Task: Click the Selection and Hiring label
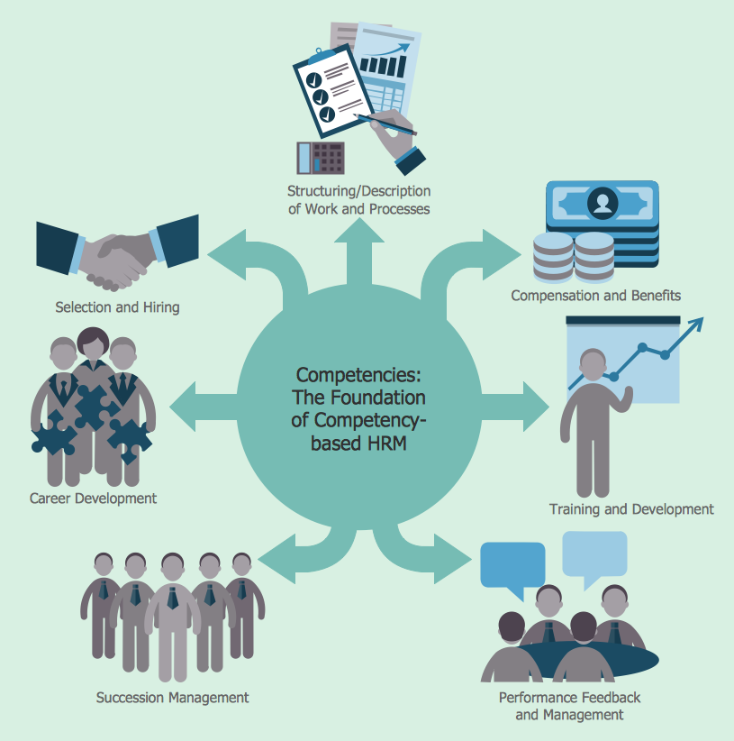tap(117, 307)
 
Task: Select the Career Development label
tap(93, 499)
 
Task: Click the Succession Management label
tap(173, 698)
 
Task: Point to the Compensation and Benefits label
tap(595, 296)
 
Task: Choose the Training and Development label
tap(631, 509)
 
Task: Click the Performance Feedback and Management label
tap(569, 707)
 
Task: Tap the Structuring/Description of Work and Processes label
tap(358, 200)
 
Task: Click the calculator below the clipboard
tap(321, 158)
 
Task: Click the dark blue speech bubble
tap(512, 566)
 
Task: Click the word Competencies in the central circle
tap(358, 374)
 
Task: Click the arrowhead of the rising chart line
tap(698, 325)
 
